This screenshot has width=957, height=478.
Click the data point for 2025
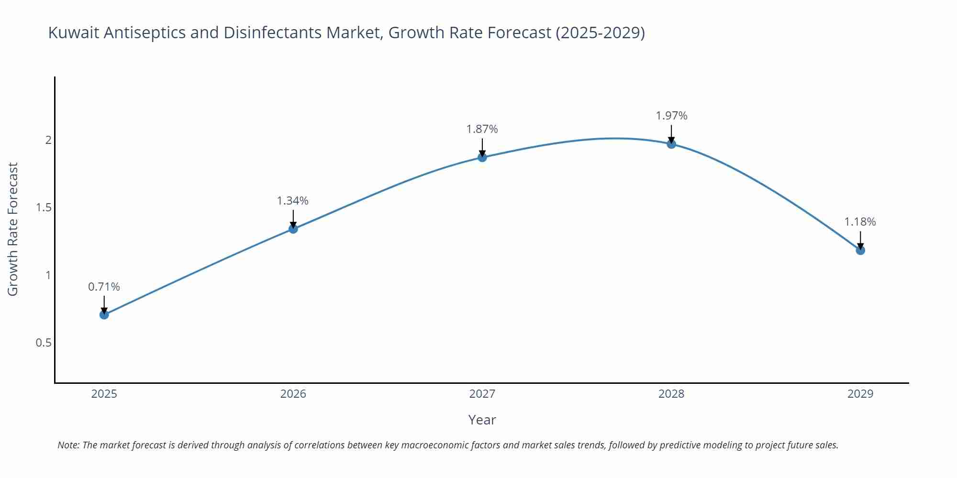[104, 315]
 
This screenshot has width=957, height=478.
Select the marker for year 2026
[293, 229]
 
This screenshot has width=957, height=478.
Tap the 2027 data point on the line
[482, 157]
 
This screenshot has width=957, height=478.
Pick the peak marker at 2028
[671, 144]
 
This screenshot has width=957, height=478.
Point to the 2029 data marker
[860, 250]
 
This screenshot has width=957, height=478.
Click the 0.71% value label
[104, 287]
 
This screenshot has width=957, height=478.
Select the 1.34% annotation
[293, 201]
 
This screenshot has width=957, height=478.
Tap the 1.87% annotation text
[482, 129]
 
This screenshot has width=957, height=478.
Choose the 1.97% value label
[671, 116]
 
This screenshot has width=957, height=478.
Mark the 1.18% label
[860, 222]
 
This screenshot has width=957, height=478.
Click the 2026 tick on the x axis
[293, 394]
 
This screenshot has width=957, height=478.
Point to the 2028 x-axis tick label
[671, 394]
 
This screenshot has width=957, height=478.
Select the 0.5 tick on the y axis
[43, 343]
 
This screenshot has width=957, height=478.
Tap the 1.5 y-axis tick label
[44, 207]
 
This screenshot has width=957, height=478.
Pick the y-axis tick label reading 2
[48, 140]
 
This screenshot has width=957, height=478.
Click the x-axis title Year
[482, 420]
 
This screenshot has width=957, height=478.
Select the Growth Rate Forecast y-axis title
[13, 229]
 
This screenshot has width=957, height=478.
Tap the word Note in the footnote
[68, 445]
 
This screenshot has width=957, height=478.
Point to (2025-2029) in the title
[600, 33]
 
